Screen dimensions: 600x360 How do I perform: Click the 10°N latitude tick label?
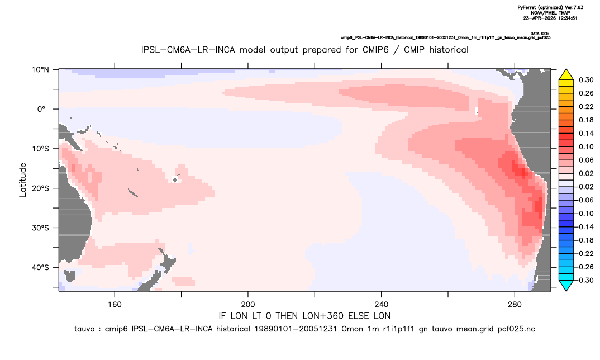[40, 70]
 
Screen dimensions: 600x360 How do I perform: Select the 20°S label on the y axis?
[40, 188]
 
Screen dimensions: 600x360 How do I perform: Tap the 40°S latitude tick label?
[40, 267]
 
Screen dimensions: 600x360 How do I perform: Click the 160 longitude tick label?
[115, 305]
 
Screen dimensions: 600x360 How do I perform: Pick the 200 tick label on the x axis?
[248, 305]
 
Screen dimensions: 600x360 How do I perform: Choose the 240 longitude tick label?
[382, 305]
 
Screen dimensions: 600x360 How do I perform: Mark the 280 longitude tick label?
[515, 305]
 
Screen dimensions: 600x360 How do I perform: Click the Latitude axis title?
[23, 180]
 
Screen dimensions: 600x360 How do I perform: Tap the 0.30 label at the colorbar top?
[586, 80]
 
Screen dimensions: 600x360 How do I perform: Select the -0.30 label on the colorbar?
[584, 280]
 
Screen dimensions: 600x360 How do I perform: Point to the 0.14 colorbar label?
[586, 133]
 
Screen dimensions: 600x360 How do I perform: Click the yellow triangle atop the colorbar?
[566, 74]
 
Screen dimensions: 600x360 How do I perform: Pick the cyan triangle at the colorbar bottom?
[566, 285]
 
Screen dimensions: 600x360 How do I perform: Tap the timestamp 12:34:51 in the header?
[566, 18]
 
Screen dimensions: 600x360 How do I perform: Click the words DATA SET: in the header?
[540, 34]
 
